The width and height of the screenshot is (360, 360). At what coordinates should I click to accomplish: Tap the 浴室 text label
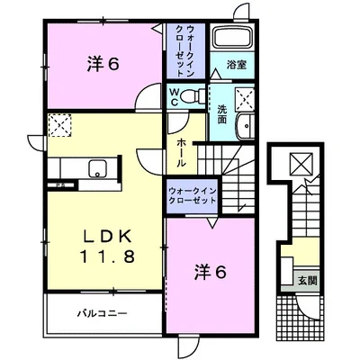(238, 66)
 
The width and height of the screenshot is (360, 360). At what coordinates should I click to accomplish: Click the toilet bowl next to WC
(190, 94)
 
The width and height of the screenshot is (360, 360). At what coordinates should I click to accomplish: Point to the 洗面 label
(222, 114)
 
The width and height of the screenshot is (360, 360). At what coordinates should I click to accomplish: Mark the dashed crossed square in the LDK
(59, 127)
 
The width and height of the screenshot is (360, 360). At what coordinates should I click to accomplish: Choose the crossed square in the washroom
(244, 98)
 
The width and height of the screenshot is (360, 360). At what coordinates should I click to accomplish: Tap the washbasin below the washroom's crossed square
(243, 128)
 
